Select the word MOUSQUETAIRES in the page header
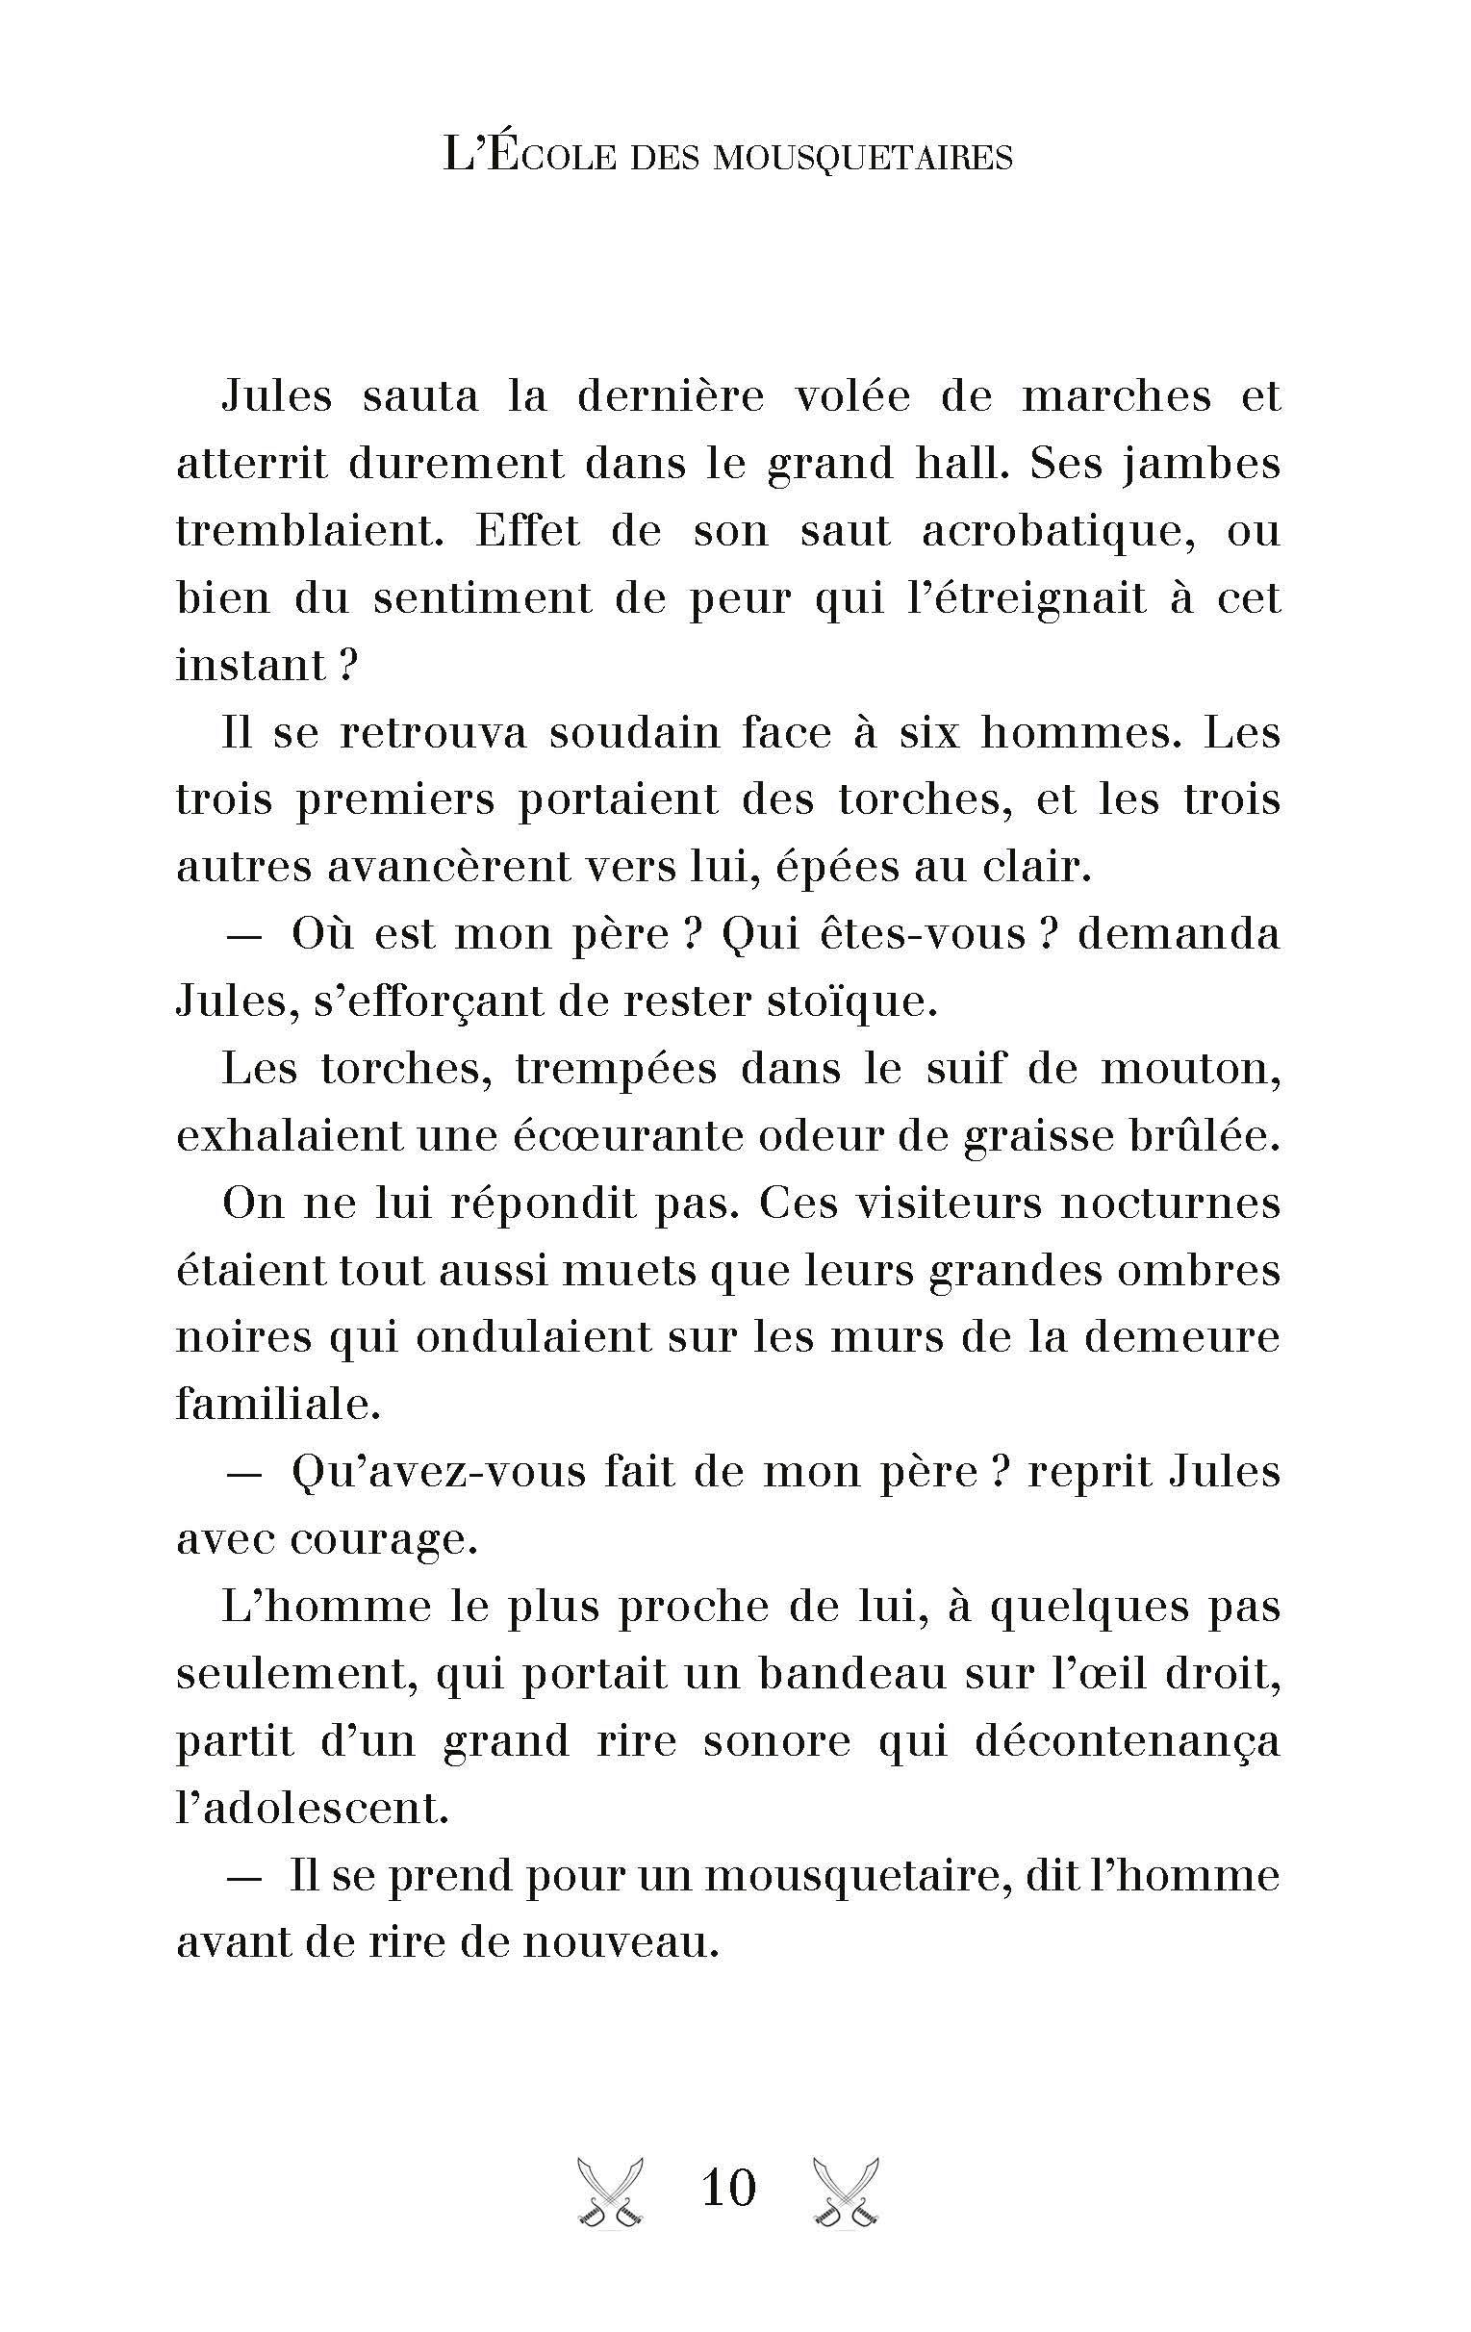pyautogui.click(x=862, y=158)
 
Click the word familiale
pyautogui.click(x=278, y=1405)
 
